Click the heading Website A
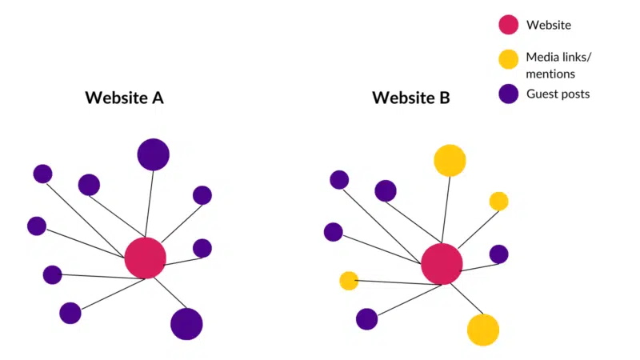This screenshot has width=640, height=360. (x=124, y=98)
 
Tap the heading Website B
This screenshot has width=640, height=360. (x=410, y=98)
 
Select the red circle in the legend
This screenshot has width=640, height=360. (x=508, y=25)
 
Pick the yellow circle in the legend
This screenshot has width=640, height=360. (x=508, y=59)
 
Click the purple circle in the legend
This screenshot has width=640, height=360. (x=508, y=94)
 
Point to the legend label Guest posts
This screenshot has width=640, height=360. (x=558, y=94)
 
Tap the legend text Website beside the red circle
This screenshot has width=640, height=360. (x=549, y=25)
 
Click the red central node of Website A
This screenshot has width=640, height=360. (x=146, y=258)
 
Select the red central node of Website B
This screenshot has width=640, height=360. (x=442, y=264)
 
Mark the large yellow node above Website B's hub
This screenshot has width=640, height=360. (x=450, y=160)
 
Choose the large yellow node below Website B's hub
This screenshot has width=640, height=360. (x=483, y=330)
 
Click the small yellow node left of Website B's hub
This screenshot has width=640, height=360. (x=348, y=281)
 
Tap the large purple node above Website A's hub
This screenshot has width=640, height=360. (x=154, y=154)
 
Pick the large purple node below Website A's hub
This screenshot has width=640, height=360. (x=186, y=324)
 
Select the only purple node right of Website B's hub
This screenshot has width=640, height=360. (x=498, y=254)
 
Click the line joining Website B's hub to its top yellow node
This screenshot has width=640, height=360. (x=446, y=210)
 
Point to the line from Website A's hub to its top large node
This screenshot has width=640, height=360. (x=150, y=204)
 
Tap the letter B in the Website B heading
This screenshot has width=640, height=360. (x=444, y=98)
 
